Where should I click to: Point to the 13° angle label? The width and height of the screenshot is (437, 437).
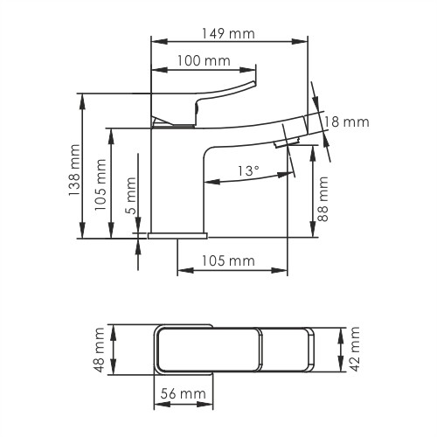pos(248,170)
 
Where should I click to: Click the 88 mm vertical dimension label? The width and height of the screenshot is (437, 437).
pos(324,199)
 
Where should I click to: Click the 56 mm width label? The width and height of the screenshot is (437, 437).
pos(182,394)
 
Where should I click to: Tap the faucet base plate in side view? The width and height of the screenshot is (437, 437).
pos(178,235)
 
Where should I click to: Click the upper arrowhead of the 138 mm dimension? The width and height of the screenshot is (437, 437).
pos(83,97)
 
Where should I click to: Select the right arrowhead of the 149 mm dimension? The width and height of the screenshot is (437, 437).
pos(305,40)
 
